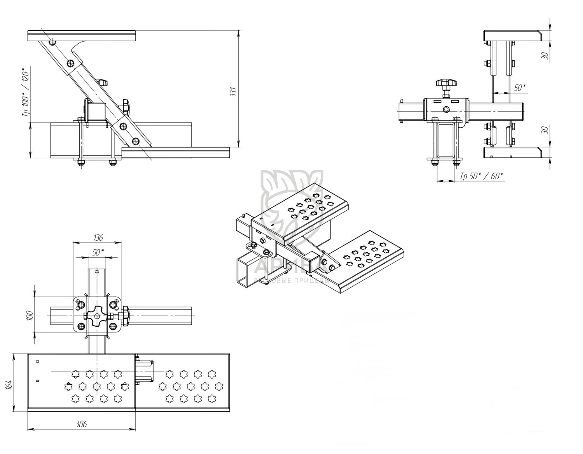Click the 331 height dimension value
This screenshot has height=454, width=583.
[x=233, y=92]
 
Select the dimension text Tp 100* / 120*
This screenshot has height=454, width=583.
[x=26, y=93]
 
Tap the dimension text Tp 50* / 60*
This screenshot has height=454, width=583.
[x=482, y=176]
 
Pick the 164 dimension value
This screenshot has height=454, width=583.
[x=10, y=384]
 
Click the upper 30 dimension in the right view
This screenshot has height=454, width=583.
[x=546, y=56]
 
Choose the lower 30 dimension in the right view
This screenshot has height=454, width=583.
[x=546, y=130]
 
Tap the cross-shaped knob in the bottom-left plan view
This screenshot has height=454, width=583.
[x=95, y=316]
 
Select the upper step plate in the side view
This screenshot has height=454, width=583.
[x=82, y=36]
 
